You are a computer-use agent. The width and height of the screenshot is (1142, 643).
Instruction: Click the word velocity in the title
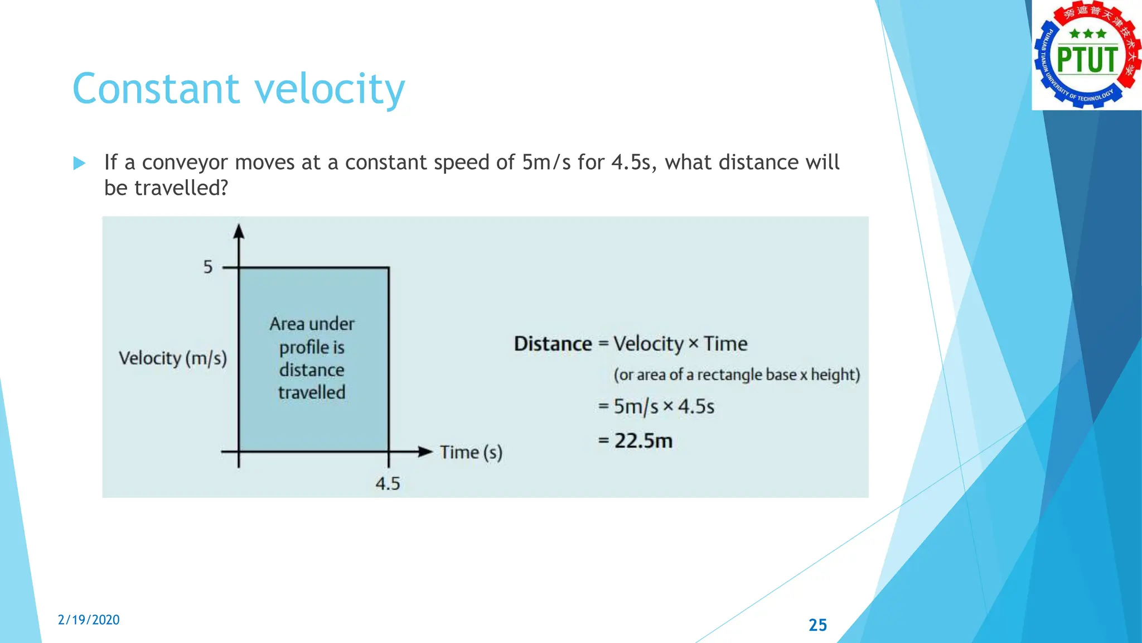click(x=330, y=89)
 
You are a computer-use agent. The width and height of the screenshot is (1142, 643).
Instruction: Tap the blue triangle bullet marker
click(x=79, y=163)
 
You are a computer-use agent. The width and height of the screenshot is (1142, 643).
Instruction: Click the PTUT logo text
click(x=1087, y=60)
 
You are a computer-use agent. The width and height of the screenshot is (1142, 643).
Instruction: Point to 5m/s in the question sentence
click(x=546, y=162)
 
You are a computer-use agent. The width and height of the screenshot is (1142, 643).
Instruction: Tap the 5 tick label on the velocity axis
click(x=208, y=267)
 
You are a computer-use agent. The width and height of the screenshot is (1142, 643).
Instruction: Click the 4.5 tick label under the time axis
click(x=388, y=483)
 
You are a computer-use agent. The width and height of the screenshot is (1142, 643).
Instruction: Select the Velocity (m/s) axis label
click(x=173, y=358)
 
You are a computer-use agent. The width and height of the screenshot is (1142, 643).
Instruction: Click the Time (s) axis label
click(x=471, y=452)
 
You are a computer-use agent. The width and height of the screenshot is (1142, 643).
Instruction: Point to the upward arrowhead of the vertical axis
click(x=239, y=231)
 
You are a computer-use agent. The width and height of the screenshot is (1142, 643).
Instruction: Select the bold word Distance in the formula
click(x=553, y=344)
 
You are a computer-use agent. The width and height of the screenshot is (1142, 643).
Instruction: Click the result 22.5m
click(x=643, y=441)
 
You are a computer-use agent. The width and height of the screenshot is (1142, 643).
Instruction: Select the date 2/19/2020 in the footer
click(x=89, y=620)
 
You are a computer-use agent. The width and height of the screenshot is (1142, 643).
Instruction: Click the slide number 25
click(x=817, y=625)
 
